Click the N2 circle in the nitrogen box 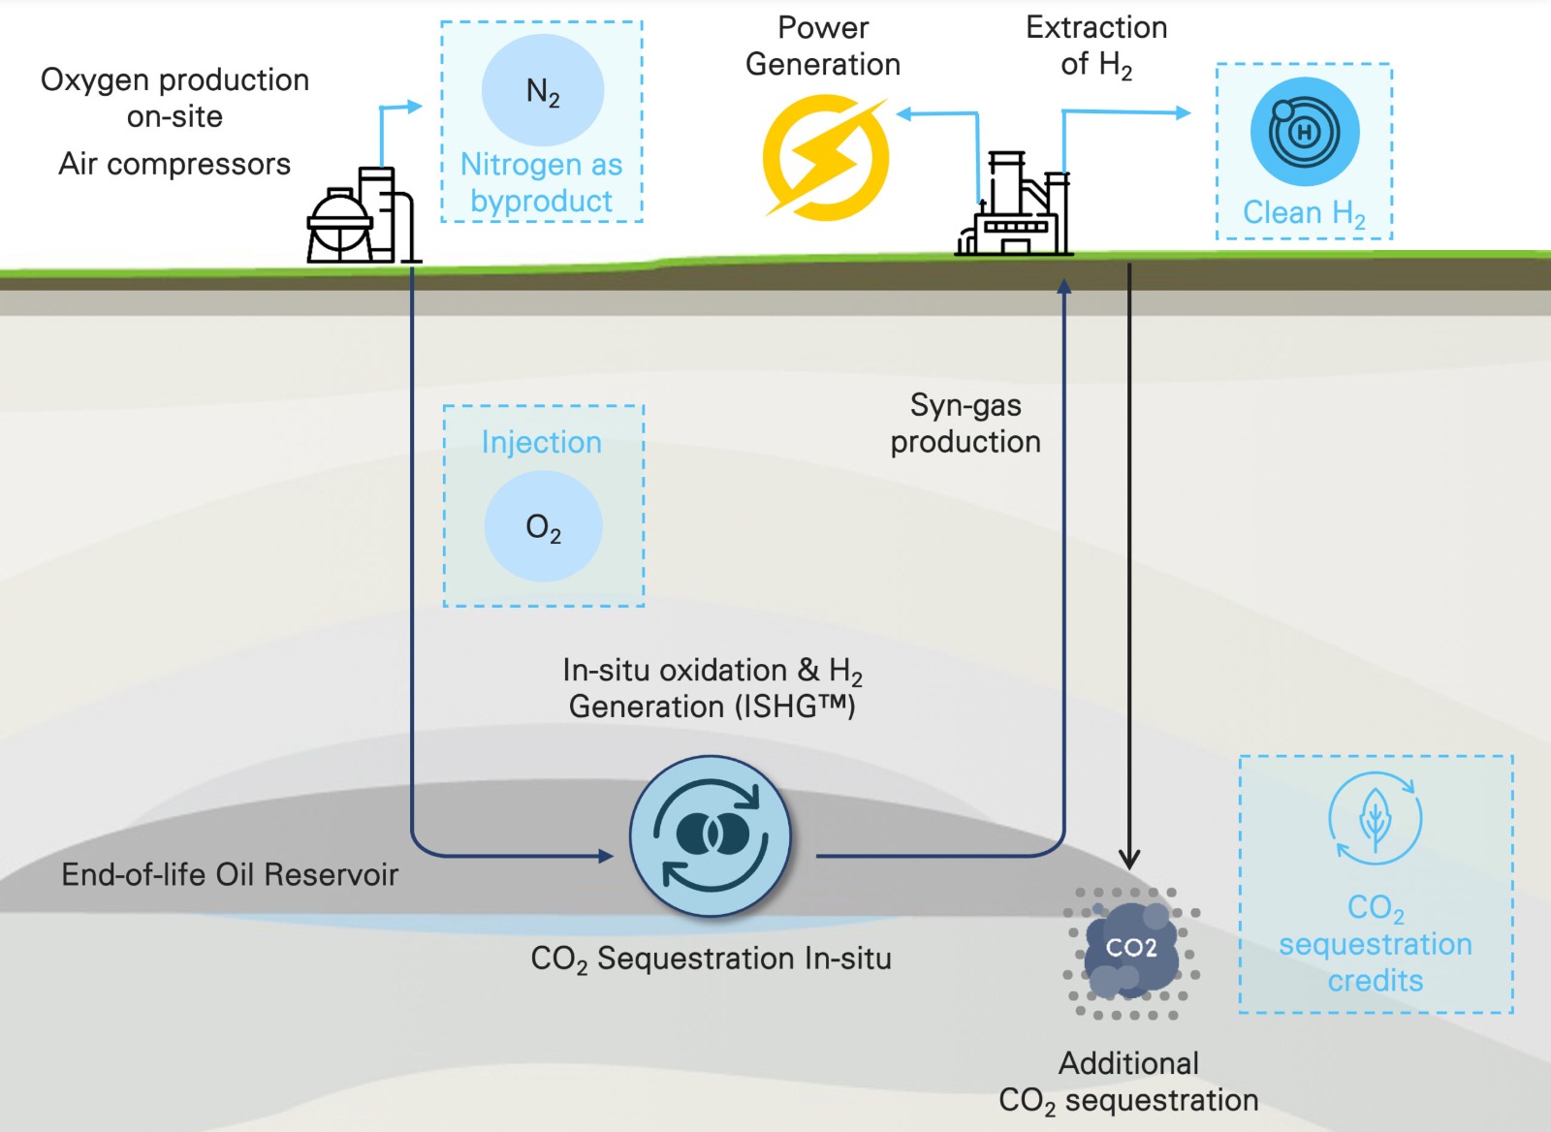coord(543,91)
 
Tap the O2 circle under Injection coord(543,526)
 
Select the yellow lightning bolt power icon coord(825,157)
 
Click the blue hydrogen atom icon coord(1304,132)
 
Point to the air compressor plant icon coord(361,217)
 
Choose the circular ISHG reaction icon coord(711,835)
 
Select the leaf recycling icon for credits coord(1375,818)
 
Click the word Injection coord(542,442)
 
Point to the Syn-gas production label coord(965,424)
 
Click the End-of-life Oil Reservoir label coord(230,874)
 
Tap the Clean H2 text coord(1304,213)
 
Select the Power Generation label coord(823,46)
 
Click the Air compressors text coord(174,164)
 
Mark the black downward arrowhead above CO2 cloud coord(1129,860)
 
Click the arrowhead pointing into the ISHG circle coord(606,856)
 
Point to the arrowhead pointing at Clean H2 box coord(1183,112)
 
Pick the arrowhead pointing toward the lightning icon coord(903,114)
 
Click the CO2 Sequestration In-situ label coord(711,959)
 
